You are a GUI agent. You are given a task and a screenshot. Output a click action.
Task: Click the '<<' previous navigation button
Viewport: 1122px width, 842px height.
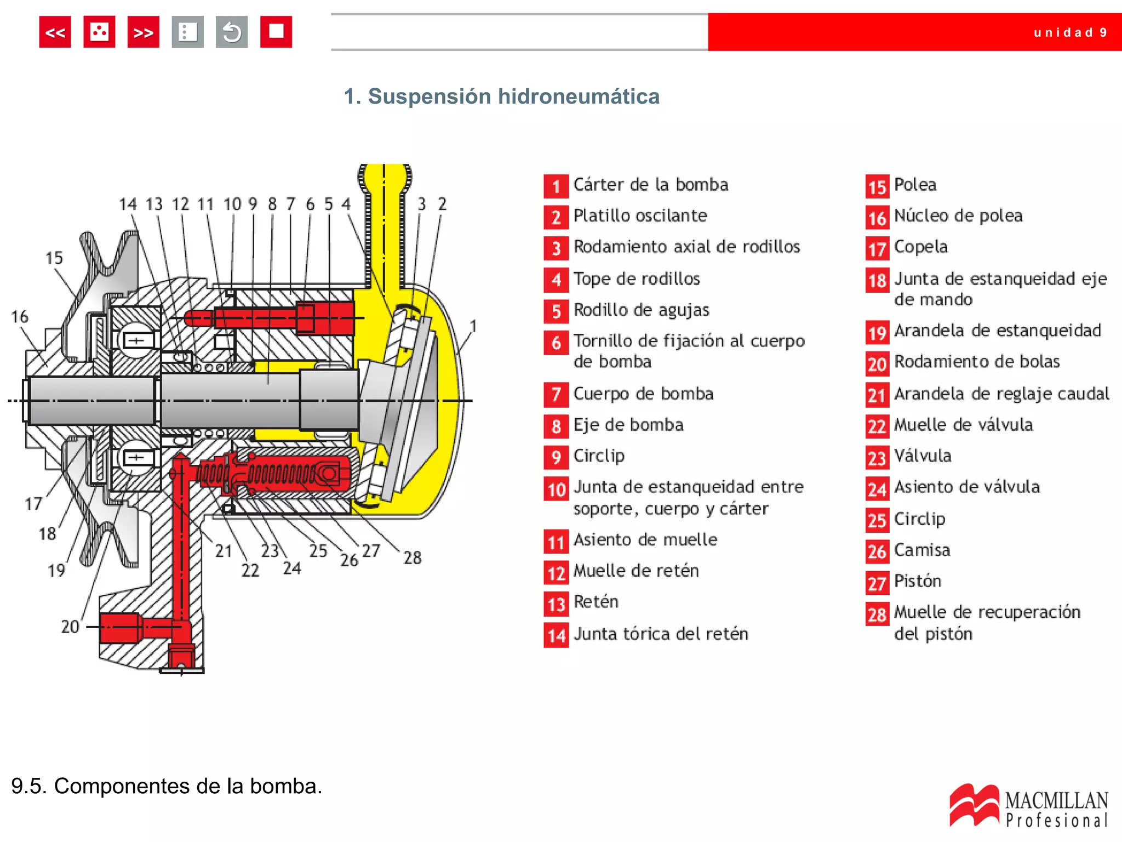coord(55,32)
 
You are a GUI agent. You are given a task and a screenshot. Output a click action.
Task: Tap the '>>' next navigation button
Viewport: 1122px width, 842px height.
coord(143,32)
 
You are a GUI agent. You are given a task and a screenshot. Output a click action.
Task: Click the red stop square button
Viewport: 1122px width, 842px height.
coord(276,32)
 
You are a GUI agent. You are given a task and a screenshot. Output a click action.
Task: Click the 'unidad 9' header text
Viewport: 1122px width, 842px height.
coord(1070,32)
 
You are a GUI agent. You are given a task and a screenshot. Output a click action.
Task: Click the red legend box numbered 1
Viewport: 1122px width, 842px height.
coord(556,186)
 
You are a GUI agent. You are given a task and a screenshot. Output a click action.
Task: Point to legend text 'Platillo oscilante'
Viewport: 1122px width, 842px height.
coord(640,215)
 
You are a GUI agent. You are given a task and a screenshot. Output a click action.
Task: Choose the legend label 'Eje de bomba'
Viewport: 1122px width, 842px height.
coord(628,425)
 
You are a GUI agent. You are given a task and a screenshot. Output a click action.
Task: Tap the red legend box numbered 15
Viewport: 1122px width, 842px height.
coord(877,186)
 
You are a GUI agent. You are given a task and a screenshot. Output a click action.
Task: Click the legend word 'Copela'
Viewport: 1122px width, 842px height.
coord(920,247)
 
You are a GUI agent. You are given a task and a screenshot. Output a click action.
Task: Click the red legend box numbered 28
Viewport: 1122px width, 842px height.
coord(877,614)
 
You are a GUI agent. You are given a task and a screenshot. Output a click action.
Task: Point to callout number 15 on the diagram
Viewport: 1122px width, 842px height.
coord(54,258)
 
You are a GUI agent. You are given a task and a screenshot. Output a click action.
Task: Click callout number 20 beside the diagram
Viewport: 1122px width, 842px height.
coord(70,626)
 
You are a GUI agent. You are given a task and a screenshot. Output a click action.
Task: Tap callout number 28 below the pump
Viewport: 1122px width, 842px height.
coord(412,557)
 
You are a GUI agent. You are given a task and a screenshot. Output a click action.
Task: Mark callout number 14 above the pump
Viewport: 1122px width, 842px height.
coord(128,204)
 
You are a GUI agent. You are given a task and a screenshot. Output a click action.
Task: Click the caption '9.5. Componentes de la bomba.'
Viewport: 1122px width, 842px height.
coord(167,786)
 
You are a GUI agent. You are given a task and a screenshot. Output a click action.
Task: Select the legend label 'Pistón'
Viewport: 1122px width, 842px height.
coord(917,581)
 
